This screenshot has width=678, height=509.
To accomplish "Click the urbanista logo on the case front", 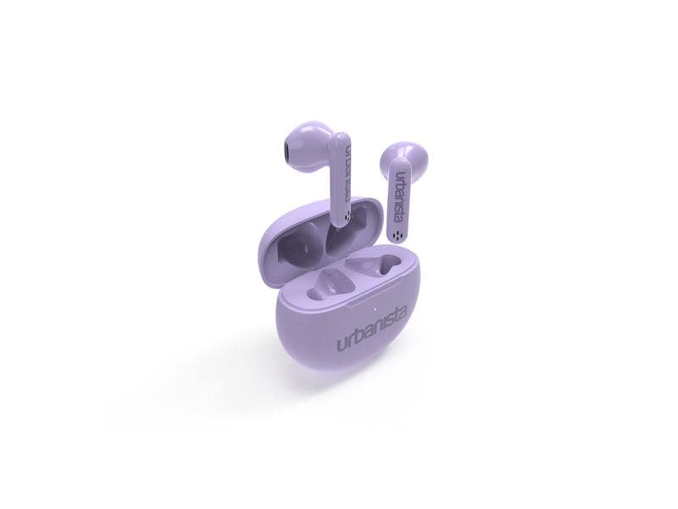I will [x=371, y=328].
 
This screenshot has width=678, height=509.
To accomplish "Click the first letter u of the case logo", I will [x=340, y=344].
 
